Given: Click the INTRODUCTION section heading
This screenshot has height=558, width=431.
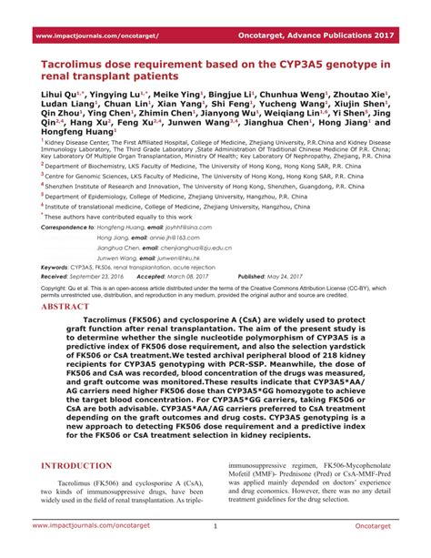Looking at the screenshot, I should (x=77, y=465).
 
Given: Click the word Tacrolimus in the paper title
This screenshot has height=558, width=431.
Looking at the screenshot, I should (x=75, y=66).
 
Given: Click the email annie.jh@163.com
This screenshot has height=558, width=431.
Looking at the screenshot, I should (x=151, y=236).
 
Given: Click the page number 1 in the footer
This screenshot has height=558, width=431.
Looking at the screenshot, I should (x=215, y=525).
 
